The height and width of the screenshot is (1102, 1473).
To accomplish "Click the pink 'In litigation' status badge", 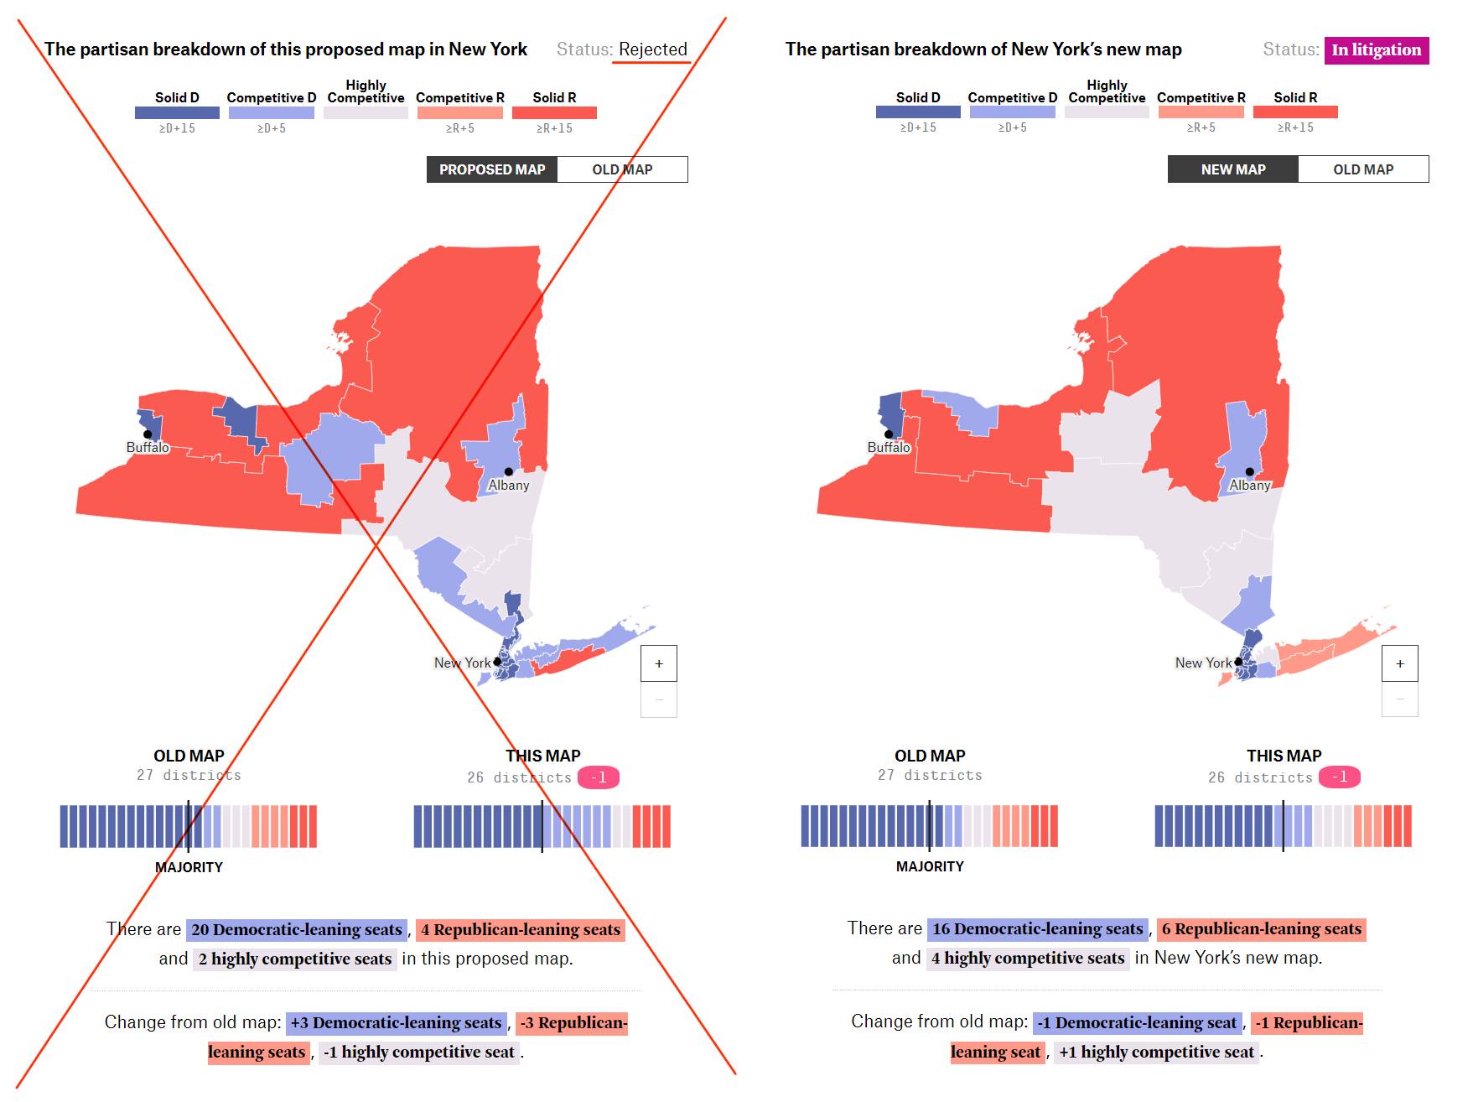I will pyautogui.click(x=1376, y=50).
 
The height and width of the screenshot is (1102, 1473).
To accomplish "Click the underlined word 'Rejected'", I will pyautogui.click(x=652, y=49).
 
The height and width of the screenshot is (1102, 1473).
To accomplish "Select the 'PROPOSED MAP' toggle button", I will pyautogui.click(x=492, y=169).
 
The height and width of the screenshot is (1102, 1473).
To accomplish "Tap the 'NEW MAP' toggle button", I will pyautogui.click(x=1232, y=169).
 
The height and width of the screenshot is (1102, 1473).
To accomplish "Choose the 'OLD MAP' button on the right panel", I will pyautogui.click(x=1362, y=169).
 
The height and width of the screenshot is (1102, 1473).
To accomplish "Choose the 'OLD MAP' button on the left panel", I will pyautogui.click(x=622, y=169).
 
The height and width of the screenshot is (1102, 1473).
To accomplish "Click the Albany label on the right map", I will pyautogui.click(x=1249, y=486).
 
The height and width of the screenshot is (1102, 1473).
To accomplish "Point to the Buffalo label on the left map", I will pyautogui.click(x=148, y=448).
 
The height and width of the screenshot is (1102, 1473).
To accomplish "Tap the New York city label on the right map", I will pyautogui.click(x=1203, y=663).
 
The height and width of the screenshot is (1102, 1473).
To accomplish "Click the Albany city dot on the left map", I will pyautogui.click(x=508, y=471).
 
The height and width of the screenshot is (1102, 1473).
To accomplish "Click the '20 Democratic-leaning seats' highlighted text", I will pyautogui.click(x=297, y=929).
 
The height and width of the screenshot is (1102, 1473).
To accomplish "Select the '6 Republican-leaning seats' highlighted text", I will pyautogui.click(x=1261, y=928).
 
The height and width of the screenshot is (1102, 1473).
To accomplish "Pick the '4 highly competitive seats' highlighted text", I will pyautogui.click(x=1028, y=958).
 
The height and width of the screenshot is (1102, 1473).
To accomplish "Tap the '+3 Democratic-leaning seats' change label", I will pyautogui.click(x=396, y=1022).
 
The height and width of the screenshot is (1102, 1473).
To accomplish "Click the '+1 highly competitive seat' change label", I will pyautogui.click(x=1156, y=1052).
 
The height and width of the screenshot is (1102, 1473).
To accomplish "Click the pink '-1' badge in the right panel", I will pyautogui.click(x=1339, y=777).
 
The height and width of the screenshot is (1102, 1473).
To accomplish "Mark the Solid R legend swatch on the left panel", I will pyautogui.click(x=554, y=112).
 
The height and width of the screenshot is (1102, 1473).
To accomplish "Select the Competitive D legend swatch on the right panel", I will pyautogui.click(x=1012, y=112).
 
